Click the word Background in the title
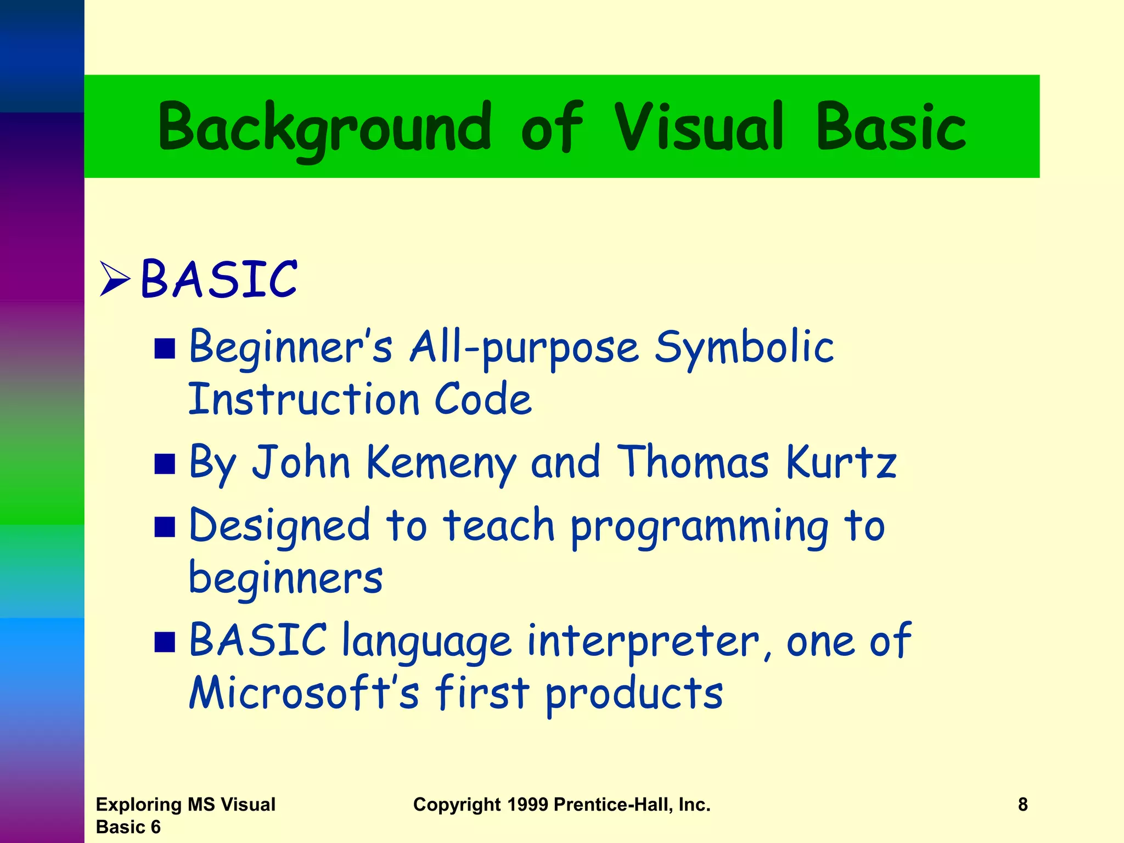click(324, 128)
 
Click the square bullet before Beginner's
click(165, 349)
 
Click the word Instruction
click(305, 399)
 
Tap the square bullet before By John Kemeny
click(165, 464)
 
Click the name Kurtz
click(841, 463)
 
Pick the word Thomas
click(693, 463)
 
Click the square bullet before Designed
click(165, 527)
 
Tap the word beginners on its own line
click(285, 579)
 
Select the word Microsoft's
click(304, 693)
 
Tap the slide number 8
click(1022, 805)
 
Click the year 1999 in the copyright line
click(527, 805)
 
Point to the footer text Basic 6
click(128, 827)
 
